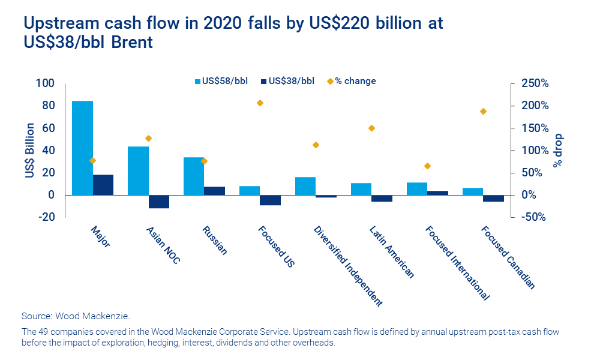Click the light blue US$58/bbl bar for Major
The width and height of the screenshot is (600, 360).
[x=82, y=148]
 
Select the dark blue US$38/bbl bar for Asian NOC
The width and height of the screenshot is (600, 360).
[x=159, y=202]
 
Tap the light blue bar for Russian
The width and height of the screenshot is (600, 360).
[x=194, y=176]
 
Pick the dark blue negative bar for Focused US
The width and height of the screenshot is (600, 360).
[x=271, y=200]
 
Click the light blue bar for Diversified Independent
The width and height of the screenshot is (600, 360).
[x=305, y=186]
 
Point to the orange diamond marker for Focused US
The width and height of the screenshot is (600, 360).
[x=260, y=103]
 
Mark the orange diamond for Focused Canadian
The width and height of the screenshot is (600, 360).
[x=483, y=112]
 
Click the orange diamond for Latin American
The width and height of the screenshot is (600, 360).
[x=371, y=128]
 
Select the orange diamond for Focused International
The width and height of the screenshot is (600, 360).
[x=427, y=166]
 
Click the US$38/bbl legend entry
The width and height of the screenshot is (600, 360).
[x=287, y=81]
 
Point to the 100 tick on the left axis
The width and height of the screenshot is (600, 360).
[x=47, y=83]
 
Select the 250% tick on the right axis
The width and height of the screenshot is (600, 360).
[x=535, y=83]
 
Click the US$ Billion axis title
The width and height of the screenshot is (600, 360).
[x=29, y=150]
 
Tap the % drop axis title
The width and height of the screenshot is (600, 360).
[x=559, y=150]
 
